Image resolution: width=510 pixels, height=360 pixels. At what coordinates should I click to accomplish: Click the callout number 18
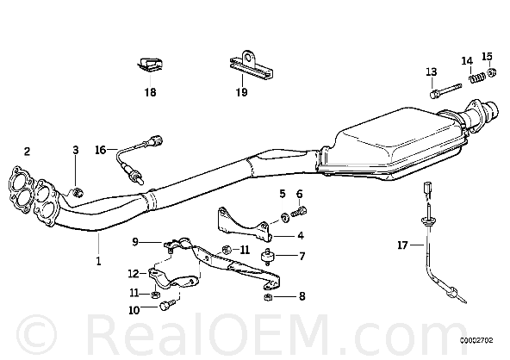click(x=150, y=92)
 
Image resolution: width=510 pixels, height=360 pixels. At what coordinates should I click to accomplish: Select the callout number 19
click(x=242, y=92)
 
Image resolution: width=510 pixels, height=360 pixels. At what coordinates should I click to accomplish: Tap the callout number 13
click(x=432, y=71)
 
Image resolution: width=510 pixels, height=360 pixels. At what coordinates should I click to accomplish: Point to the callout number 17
click(x=402, y=245)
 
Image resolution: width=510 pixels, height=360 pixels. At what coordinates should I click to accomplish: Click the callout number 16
click(x=101, y=150)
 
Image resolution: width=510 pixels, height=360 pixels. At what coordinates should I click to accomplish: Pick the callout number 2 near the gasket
click(x=27, y=151)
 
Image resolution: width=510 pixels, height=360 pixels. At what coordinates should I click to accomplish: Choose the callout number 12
click(x=134, y=274)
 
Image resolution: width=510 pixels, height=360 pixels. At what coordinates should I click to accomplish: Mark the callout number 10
click(x=134, y=310)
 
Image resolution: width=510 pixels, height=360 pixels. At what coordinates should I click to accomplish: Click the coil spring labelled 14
click(x=477, y=78)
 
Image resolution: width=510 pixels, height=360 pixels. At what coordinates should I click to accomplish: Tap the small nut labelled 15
click(x=492, y=71)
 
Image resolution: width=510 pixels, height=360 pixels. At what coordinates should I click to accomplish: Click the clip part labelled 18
click(x=150, y=65)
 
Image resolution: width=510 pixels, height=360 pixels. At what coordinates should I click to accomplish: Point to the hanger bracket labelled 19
click(x=251, y=66)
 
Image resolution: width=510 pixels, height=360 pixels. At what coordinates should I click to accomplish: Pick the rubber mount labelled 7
click(x=268, y=256)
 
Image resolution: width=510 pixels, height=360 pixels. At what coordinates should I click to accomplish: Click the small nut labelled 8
click(x=267, y=296)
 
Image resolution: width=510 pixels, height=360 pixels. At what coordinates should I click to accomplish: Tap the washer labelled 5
click(x=285, y=217)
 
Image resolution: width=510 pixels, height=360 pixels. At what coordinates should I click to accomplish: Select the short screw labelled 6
click(x=299, y=212)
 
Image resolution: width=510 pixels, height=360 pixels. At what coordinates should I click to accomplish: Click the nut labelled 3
click(x=77, y=193)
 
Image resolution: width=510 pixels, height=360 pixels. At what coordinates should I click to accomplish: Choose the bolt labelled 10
click(x=167, y=305)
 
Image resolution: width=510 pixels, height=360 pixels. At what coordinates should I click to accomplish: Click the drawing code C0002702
click(x=476, y=340)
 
